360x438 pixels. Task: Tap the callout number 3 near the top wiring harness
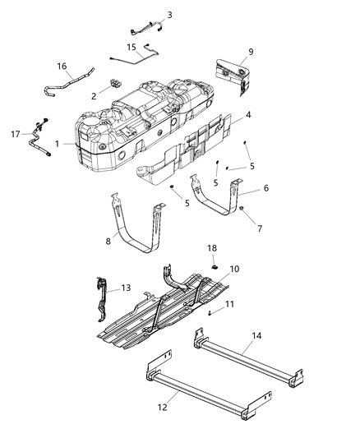click(x=169, y=14)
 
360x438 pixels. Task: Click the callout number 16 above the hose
click(x=60, y=67)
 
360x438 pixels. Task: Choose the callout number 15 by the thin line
click(x=132, y=48)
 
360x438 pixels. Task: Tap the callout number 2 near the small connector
click(x=93, y=96)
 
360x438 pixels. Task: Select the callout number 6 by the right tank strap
click(x=265, y=188)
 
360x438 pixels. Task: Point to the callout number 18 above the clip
click(x=211, y=247)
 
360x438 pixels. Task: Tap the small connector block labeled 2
click(x=113, y=85)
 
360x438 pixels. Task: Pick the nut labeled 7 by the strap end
click(x=243, y=210)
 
